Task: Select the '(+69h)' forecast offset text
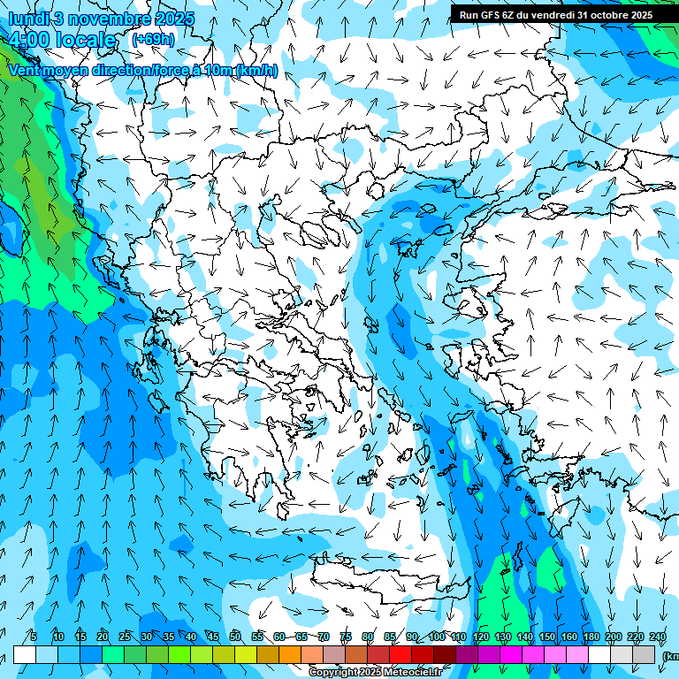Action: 152,39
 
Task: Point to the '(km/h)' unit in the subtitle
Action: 256,70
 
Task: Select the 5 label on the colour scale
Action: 34,637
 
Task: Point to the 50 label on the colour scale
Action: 235,637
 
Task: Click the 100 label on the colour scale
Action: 437,637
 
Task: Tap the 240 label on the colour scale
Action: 658,637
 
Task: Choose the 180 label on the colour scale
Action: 591,637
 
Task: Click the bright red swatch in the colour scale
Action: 401,654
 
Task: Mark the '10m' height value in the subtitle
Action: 218,70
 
